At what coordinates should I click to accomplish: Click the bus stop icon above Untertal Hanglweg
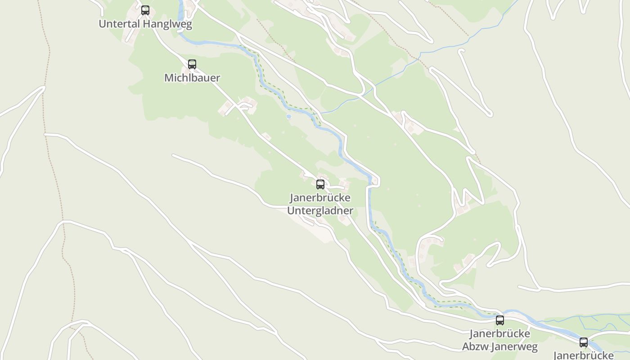[x=145, y=10]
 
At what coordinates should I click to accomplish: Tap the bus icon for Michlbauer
[x=192, y=64]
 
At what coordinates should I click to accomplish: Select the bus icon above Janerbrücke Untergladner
[x=320, y=184]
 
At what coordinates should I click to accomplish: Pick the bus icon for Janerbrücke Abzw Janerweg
[x=500, y=320]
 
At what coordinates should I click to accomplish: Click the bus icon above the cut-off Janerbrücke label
[x=584, y=342]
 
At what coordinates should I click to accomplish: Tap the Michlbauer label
[x=192, y=78]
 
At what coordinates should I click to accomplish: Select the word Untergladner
[x=320, y=211]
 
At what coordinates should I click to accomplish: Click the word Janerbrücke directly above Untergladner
[x=320, y=198]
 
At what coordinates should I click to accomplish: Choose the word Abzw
[x=475, y=347]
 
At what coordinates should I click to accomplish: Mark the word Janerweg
[x=514, y=347]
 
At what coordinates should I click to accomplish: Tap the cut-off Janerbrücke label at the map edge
[x=584, y=355]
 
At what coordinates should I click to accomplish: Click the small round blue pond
[x=288, y=117]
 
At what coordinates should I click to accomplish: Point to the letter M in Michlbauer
[x=169, y=78]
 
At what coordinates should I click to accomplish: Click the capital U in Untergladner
[x=291, y=211]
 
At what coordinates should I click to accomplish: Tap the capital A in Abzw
[x=466, y=347]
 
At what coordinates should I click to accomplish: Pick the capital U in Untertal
[x=102, y=24]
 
